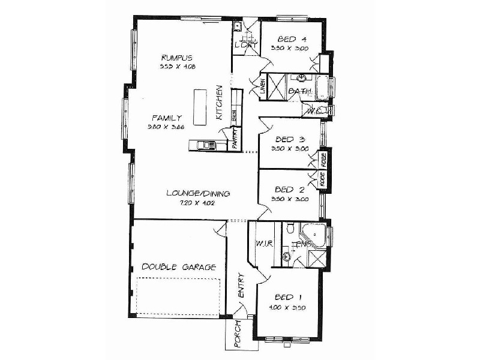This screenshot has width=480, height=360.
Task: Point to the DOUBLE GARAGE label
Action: click(178, 267)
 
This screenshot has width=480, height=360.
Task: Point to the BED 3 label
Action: click(290, 139)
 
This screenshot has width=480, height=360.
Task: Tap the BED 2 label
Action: click(290, 189)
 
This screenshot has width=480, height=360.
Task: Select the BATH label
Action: click(299, 91)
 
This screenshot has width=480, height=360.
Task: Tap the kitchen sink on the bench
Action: click(207, 145)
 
